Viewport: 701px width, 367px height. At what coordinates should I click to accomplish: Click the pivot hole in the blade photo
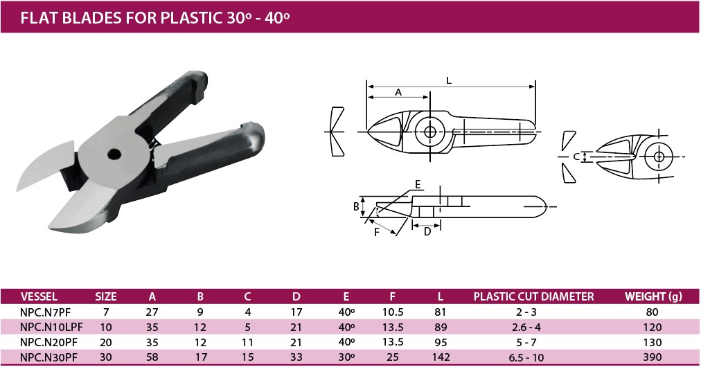pyautogui.click(x=115, y=154)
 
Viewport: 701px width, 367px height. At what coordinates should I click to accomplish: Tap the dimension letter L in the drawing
pyautogui.click(x=449, y=80)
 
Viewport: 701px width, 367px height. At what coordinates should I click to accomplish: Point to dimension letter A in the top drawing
pyautogui.click(x=398, y=92)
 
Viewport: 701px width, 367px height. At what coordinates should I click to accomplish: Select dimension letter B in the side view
pyautogui.click(x=356, y=206)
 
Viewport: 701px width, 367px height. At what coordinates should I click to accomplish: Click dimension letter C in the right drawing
pyautogui.click(x=577, y=157)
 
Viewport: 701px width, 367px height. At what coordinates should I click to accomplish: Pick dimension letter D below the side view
pyautogui.click(x=427, y=231)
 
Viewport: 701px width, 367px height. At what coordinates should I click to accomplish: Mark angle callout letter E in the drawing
pyautogui.click(x=418, y=185)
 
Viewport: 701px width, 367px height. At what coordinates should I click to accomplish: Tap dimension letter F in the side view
pyautogui.click(x=377, y=232)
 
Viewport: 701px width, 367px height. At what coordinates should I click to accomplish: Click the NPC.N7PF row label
pyautogui.click(x=45, y=312)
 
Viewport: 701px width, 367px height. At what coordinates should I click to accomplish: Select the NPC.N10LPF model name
pyautogui.click(x=51, y=328)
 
